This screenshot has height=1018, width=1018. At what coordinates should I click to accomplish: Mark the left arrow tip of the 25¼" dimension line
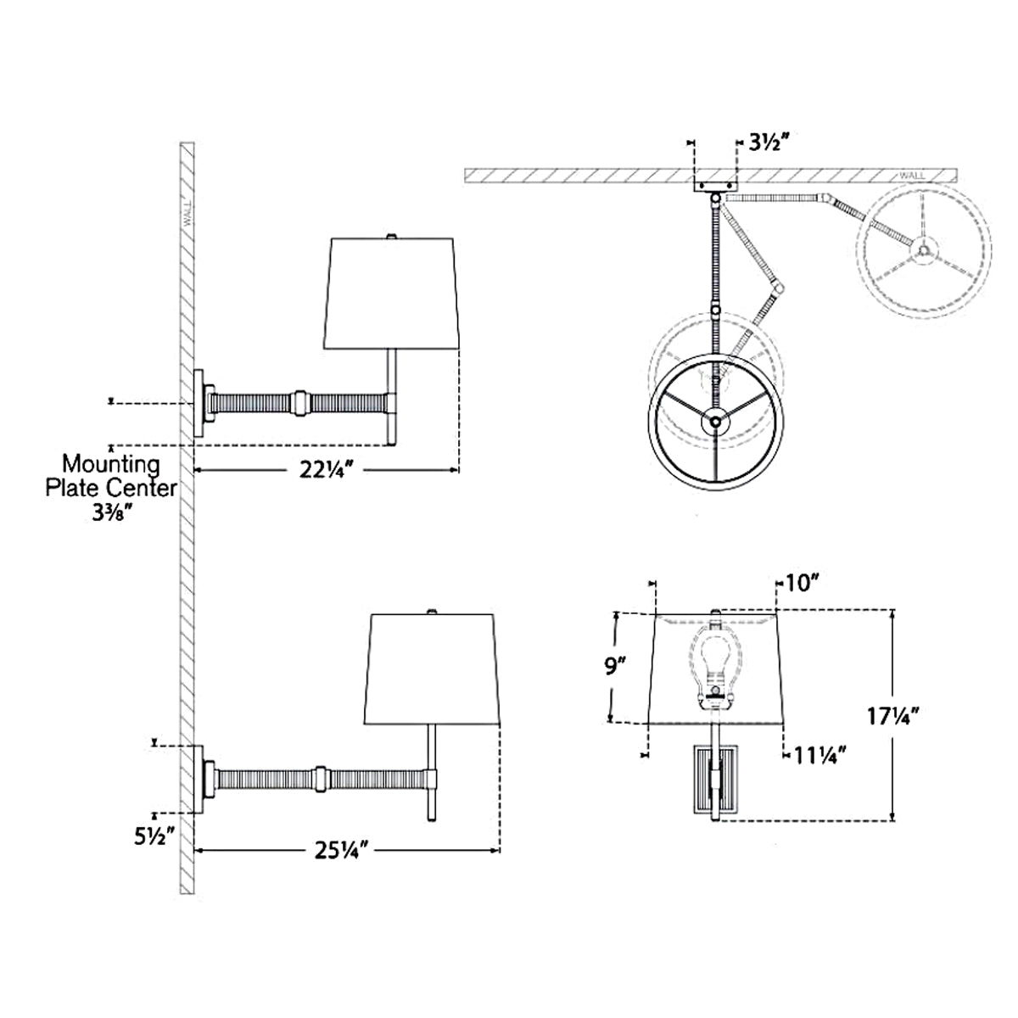coord(195,850)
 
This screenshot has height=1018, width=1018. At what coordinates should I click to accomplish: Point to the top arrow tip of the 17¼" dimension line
coord(892,610)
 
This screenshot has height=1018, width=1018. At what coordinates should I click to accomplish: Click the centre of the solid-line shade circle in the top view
coord(716,422)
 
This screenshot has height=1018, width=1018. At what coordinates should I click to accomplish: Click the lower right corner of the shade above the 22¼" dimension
coord(458,349)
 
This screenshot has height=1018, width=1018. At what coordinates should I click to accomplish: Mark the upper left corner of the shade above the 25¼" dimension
coord(372,614)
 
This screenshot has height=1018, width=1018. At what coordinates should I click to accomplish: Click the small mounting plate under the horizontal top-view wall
coord(715,187)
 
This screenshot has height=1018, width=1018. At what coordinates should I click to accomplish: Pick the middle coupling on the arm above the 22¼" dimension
coord(300,403)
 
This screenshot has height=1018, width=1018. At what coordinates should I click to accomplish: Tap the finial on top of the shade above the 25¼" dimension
coord(432,611)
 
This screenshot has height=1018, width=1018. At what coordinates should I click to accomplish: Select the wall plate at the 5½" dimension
coord(199,780)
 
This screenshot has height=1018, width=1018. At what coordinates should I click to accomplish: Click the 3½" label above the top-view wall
coord(769,143)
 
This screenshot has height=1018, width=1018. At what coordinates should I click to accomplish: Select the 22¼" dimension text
coord(322,469)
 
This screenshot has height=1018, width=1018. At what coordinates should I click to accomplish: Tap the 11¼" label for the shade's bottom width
coord(820,757)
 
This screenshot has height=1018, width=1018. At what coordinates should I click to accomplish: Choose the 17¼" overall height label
coord(892,716)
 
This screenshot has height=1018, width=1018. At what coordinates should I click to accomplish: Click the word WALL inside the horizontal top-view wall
coord(912,176)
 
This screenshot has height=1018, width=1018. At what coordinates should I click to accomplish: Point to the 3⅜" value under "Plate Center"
coord(109,513)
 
